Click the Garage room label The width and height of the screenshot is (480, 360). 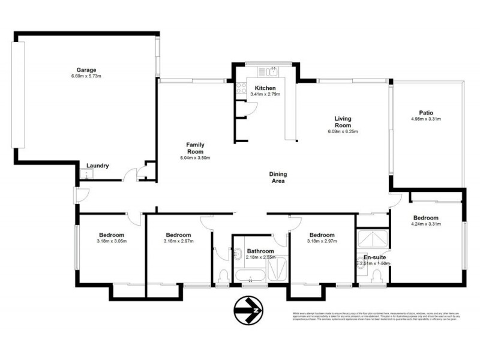(x=86, y=70)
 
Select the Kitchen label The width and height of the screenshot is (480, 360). (x=265, y=88)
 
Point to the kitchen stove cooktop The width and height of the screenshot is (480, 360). (x=241, y=89)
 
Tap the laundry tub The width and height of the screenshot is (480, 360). (x=88, y=175)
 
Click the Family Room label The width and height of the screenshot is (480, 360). (x=195, y=148)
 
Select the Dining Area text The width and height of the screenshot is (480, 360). (x=277, y=178)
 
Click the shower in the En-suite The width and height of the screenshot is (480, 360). (x=372, y=239)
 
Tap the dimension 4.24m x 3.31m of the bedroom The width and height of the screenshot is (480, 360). (x=425, y=224)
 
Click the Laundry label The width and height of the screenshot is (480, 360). (x=97, y=166)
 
